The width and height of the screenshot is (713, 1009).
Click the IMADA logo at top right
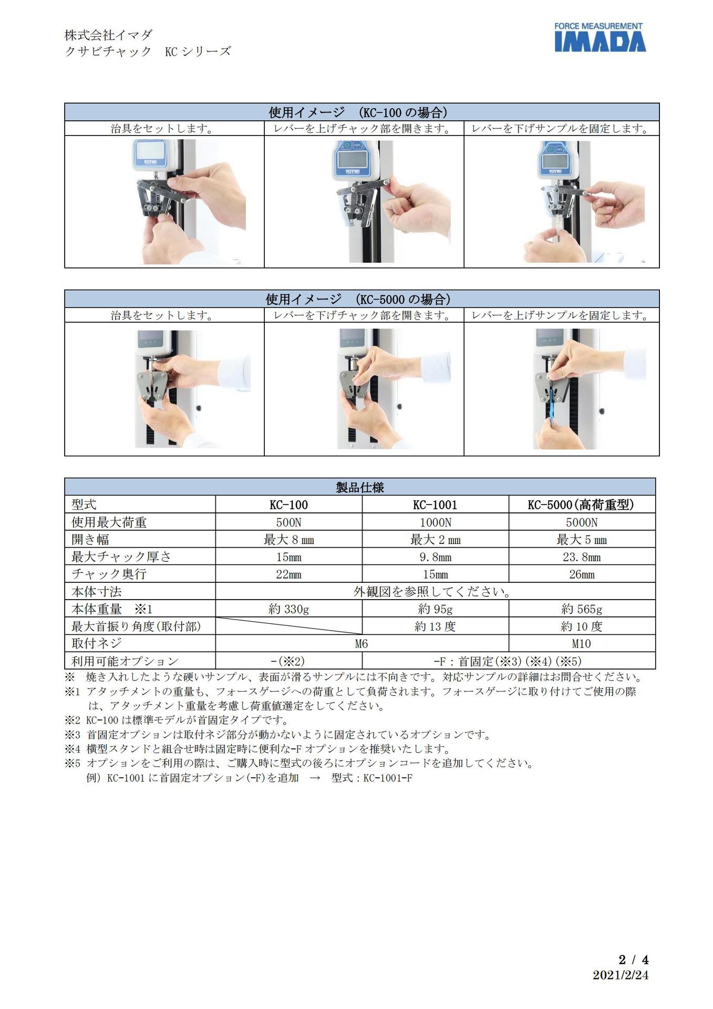600,37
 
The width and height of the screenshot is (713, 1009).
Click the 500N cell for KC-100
288,522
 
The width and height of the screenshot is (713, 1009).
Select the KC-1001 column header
435,505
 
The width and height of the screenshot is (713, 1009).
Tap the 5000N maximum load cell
582,522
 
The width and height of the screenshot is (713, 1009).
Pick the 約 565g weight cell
582,609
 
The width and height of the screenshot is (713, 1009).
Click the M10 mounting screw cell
582,644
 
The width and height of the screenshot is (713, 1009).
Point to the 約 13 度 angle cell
435,626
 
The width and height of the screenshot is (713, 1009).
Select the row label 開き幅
90,540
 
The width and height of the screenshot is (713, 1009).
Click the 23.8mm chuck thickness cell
582,557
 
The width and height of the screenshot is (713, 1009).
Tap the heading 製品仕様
360,487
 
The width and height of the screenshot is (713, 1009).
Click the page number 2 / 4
633,960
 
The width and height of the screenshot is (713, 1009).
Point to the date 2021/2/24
621,975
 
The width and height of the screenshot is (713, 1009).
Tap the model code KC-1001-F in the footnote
388,778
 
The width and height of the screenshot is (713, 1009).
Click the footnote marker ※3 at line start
73,735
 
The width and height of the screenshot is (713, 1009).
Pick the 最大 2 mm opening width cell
435,540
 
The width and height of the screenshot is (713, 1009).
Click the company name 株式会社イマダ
109,35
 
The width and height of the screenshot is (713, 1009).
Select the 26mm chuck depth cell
582,574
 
